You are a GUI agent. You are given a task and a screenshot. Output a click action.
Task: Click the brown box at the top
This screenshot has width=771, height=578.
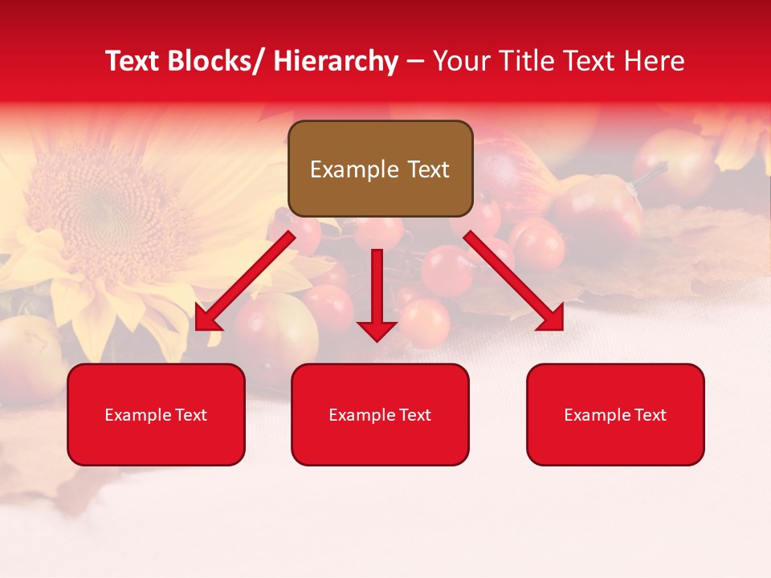tap(380, 169)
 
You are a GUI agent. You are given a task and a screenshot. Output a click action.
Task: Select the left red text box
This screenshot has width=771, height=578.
tap(156, 414)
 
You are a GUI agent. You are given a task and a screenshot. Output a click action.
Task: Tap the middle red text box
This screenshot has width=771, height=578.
tap(380, 414)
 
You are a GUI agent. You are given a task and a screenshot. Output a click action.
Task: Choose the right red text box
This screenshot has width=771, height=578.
tap(615, 414)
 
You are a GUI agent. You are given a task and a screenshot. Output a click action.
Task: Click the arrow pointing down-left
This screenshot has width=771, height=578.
tap(245, 281)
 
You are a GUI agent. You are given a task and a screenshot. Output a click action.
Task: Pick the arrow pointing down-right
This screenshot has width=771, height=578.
tap(514, 281)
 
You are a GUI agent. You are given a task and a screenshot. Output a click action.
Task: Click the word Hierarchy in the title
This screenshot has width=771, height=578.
tap(336, 61)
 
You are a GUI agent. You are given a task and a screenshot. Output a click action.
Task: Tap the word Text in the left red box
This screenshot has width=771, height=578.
tap(190, 415)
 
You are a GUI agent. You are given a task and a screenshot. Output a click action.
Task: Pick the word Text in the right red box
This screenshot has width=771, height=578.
tap(650, 415)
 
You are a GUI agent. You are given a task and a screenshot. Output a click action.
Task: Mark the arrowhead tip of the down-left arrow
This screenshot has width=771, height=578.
tap(198, 328)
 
